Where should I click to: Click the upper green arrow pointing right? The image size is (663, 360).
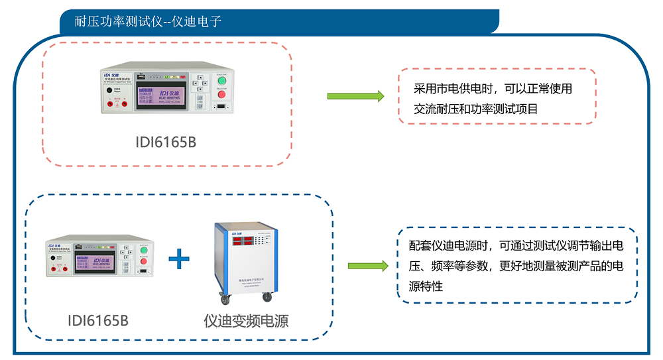[x=355, y=96]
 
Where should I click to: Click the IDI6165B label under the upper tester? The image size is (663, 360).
[x=166, y=142]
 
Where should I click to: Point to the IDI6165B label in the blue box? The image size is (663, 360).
[x=97, y=321]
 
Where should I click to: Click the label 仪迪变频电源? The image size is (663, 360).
[x=246, y=321]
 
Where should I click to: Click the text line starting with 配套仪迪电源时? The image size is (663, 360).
[x=516, y=246]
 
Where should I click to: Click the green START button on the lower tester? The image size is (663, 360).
[x=141, y=251]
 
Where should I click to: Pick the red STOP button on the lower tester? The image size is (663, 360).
[x=141, y=263]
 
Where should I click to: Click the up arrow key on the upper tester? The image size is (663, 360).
[x=200, y=78]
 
